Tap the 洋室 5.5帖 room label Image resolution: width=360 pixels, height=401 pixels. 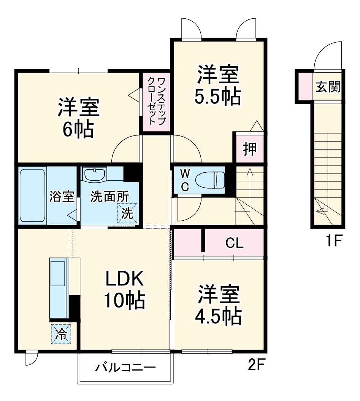218,86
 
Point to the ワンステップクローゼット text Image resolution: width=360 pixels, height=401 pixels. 156,101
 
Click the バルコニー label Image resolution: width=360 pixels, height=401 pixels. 125,368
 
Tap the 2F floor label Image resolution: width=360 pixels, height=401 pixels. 256,366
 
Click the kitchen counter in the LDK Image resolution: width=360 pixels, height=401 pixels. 59,288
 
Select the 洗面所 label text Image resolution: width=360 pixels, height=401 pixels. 109,197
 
